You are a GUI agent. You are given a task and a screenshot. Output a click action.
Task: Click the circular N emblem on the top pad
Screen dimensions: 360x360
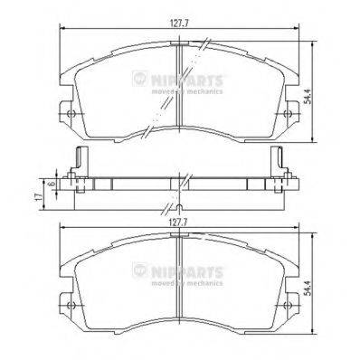click(x=139, y=80)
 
